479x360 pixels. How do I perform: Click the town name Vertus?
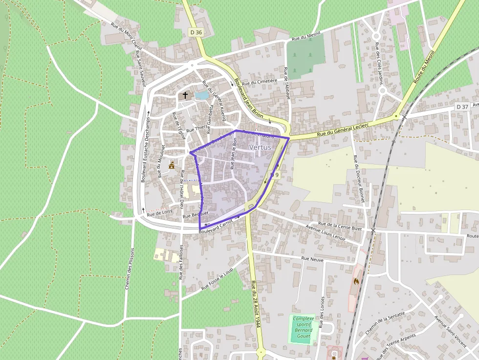pyautogui.click(x=260, y=147)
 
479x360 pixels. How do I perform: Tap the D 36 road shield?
pyautogui.click(x=196, y=32)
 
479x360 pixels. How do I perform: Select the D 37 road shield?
pyautogui.click(x=461, y=106)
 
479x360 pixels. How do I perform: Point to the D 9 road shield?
pyautogui.click(x=275, y=175)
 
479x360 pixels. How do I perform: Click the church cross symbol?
pyautogui.click(x=185, y=95)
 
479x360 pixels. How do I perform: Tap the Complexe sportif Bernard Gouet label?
pyautogui.click(x=304, y=327)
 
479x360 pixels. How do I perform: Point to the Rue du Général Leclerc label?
pyautogui.click(x=342, y=130)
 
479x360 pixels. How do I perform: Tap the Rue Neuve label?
pyautogui.click(x=312, y=259)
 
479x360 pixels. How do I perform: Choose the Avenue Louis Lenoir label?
pyautogui.click(x=326, y=232)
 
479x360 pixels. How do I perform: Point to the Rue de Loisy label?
pyautogui.click(x=160, y=212)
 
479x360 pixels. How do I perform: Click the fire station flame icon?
pyautogui.click(x=356, y=281)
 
